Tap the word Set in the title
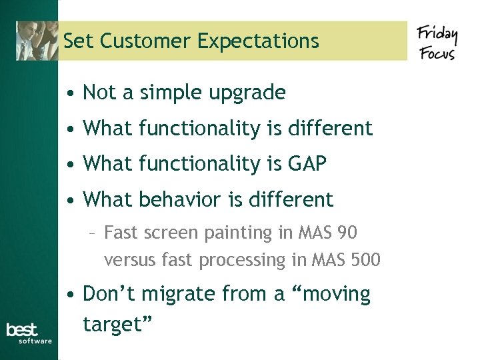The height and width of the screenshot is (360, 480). click(x=76, y=41)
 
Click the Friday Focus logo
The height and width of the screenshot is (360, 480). click(x=437, y=43)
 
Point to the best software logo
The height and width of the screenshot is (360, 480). click(x=29, y=333)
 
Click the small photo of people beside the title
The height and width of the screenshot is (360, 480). click(x=37, y=40)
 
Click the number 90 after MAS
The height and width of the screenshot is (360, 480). click(x=347, y=233)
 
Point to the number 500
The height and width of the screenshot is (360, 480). click(x=365, y=260)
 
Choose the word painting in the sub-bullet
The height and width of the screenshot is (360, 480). click(x=234, y=233)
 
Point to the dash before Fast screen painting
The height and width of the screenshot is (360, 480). click(x=95, y=233)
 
